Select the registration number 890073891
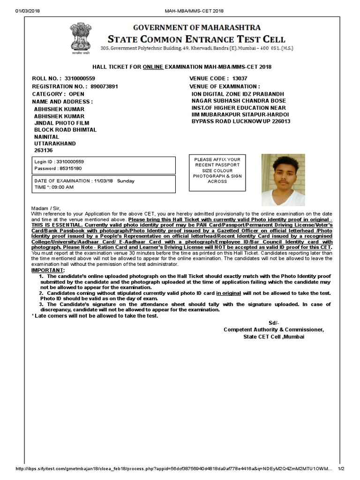point(105,87)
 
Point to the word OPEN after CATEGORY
point(76,94)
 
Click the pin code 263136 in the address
point(44,150)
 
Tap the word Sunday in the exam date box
point(125,180)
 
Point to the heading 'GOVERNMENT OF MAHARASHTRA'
point(197,28)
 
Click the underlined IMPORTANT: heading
point(48,270)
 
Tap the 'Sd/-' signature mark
point(273,323)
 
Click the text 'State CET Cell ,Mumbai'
point(273,337)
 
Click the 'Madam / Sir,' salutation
point(46,208)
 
